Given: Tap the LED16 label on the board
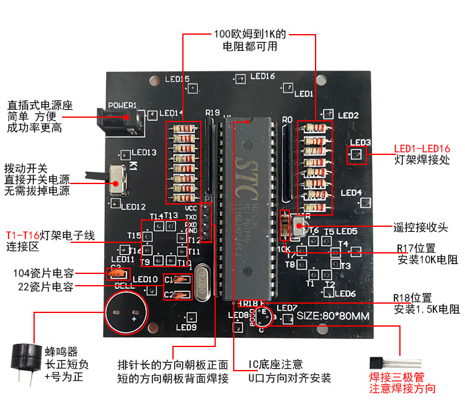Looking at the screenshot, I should (x=262, y=76).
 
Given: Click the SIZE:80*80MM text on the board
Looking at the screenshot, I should (x=333, y=315).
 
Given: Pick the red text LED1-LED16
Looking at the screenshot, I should (x=422, y=149).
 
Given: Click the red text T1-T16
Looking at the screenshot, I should (x=23, y=236).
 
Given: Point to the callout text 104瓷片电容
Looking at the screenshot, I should (x=43, y=273).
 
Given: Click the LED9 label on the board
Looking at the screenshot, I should (x=186, y=327).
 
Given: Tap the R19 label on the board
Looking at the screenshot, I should (x=212, y=112).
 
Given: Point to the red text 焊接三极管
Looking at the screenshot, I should (x=397, y=377).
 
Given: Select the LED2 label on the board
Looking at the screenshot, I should (x=348, y=115).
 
